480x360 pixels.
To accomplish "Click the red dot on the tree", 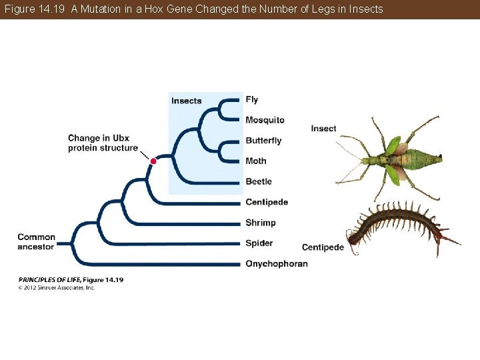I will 153,161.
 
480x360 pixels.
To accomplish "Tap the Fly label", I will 251,99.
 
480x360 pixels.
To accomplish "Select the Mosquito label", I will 265,120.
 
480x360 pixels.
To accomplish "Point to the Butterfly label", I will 263,141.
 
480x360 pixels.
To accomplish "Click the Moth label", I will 255,161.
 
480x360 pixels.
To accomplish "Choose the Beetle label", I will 259,181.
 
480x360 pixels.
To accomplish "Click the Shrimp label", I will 260,223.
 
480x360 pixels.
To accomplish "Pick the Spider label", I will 259,243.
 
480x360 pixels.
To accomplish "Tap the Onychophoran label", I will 277,264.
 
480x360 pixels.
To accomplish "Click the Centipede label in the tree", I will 267,202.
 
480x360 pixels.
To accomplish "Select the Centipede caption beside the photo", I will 323,247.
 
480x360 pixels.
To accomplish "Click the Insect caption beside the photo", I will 323,128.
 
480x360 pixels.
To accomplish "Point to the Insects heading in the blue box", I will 186,101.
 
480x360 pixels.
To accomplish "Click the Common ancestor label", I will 36,242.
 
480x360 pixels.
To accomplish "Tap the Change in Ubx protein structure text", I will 103,143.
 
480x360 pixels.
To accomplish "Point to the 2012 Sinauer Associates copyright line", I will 57,288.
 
